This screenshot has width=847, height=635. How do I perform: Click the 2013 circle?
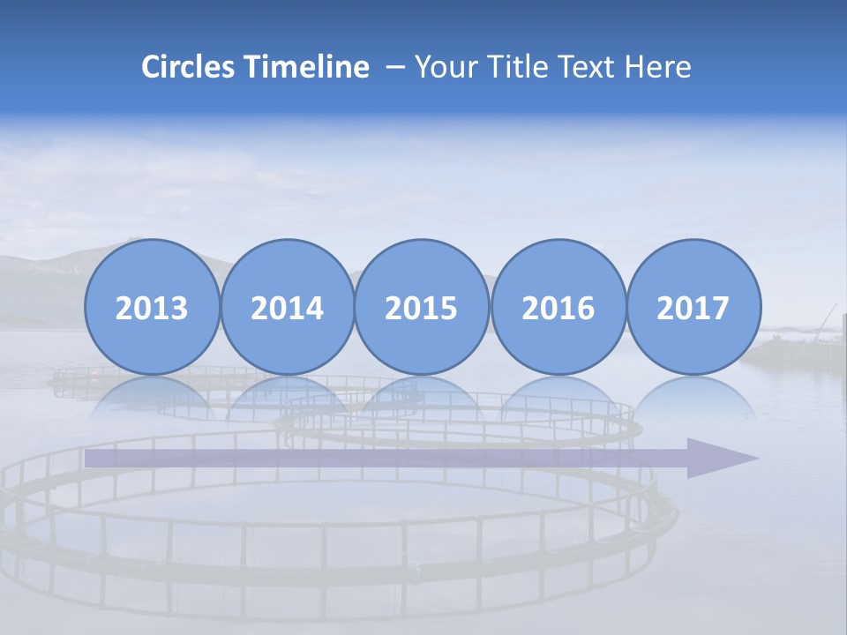pos(152,307)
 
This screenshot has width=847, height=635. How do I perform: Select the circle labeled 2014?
pos(288,307)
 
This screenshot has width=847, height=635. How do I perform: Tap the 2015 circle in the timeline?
pos(422,307)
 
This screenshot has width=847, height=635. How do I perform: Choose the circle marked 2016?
pos(558,307)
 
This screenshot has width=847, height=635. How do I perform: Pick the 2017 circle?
pos(693,307)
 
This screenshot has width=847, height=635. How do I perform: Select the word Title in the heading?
pos(515,67)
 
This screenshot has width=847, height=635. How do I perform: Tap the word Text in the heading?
pos(589,67)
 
